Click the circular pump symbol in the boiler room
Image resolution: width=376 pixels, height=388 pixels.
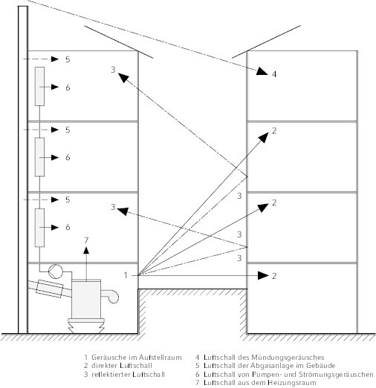click(x=56, y=272)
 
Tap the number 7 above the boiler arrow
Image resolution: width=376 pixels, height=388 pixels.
click(x=86, y=240)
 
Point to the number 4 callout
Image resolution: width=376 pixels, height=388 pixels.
click(x=274, y=74)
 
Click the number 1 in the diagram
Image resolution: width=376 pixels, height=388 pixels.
click(x=126, y=275)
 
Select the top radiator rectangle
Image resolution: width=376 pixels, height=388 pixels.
click(x=39, y=86)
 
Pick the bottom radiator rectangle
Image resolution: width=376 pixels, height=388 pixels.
click(x=39, y=228)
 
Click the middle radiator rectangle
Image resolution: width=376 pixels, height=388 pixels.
click(x=39, y=157)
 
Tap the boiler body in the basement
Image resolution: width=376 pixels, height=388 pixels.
click(x=86, y=299)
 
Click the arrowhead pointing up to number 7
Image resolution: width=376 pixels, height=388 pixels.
click(x=86, y=250)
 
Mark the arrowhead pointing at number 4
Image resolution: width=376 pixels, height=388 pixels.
click(x=262, y=71)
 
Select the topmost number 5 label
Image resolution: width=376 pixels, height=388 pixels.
click(x=68, y=59)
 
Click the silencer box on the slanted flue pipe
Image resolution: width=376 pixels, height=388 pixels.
click(x=50, y=289)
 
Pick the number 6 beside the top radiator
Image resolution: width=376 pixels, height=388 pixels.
click(x=68, y=88)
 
